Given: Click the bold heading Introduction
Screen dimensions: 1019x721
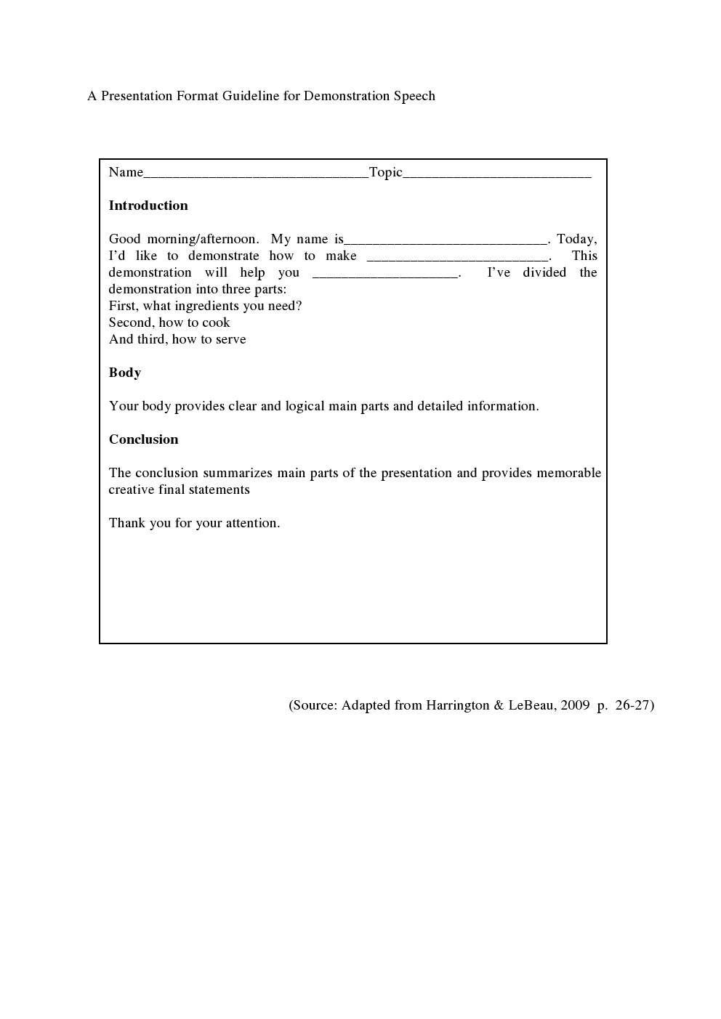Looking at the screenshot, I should pos(148,206).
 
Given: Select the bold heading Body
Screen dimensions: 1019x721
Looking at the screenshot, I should pos(125,373).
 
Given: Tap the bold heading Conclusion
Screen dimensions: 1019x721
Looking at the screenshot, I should pos(143,439).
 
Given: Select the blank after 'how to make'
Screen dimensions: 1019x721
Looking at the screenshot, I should pos(457,258).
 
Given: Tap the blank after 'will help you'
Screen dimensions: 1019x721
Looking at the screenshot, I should pos(385,275).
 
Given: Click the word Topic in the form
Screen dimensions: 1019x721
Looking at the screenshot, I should pos(386,172).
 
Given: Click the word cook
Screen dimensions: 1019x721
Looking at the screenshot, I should pos(216,322).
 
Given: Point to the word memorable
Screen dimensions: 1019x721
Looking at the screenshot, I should pos(568,473).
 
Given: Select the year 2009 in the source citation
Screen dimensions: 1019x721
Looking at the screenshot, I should pos(575,705).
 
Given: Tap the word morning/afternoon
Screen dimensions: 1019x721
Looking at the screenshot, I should pos(203,239).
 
